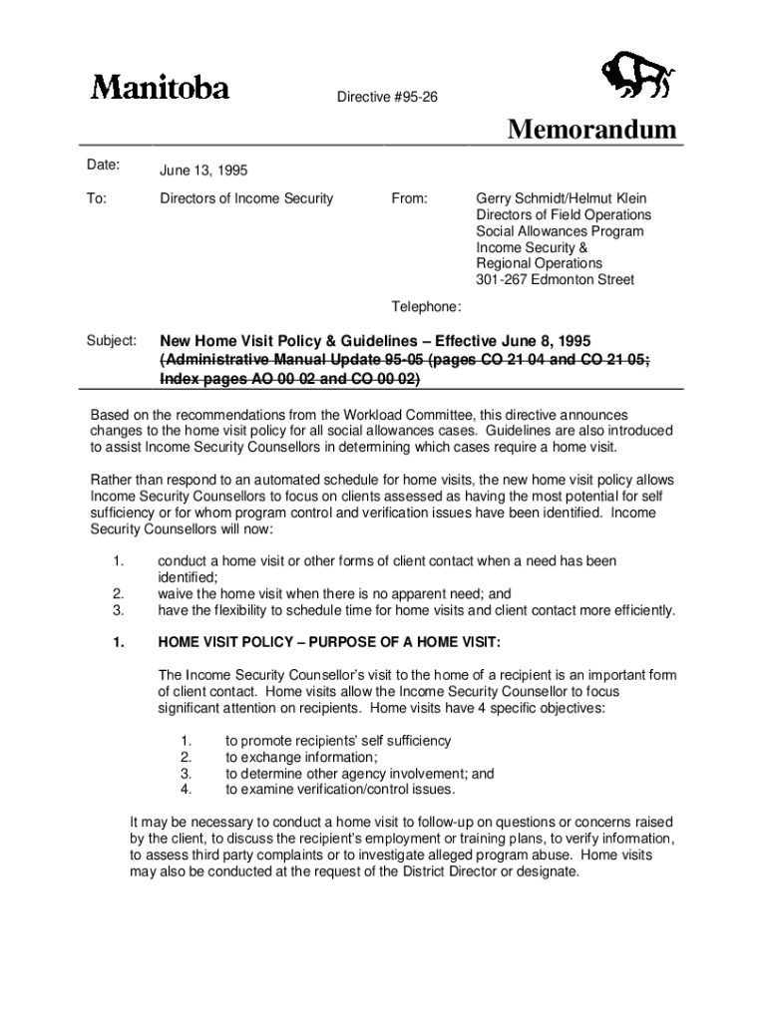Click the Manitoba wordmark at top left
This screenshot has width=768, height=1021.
[160, 88]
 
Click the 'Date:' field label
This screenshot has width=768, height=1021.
[103, 165]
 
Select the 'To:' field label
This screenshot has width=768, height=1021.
[98, 198]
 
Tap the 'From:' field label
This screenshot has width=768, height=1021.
[409, 198]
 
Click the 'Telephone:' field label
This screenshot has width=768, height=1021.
[426, 307]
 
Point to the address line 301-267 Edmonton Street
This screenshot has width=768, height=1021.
[555, 280]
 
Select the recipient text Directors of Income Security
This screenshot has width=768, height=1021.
[246, 198]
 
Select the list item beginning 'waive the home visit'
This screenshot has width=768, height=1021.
[334, 593]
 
